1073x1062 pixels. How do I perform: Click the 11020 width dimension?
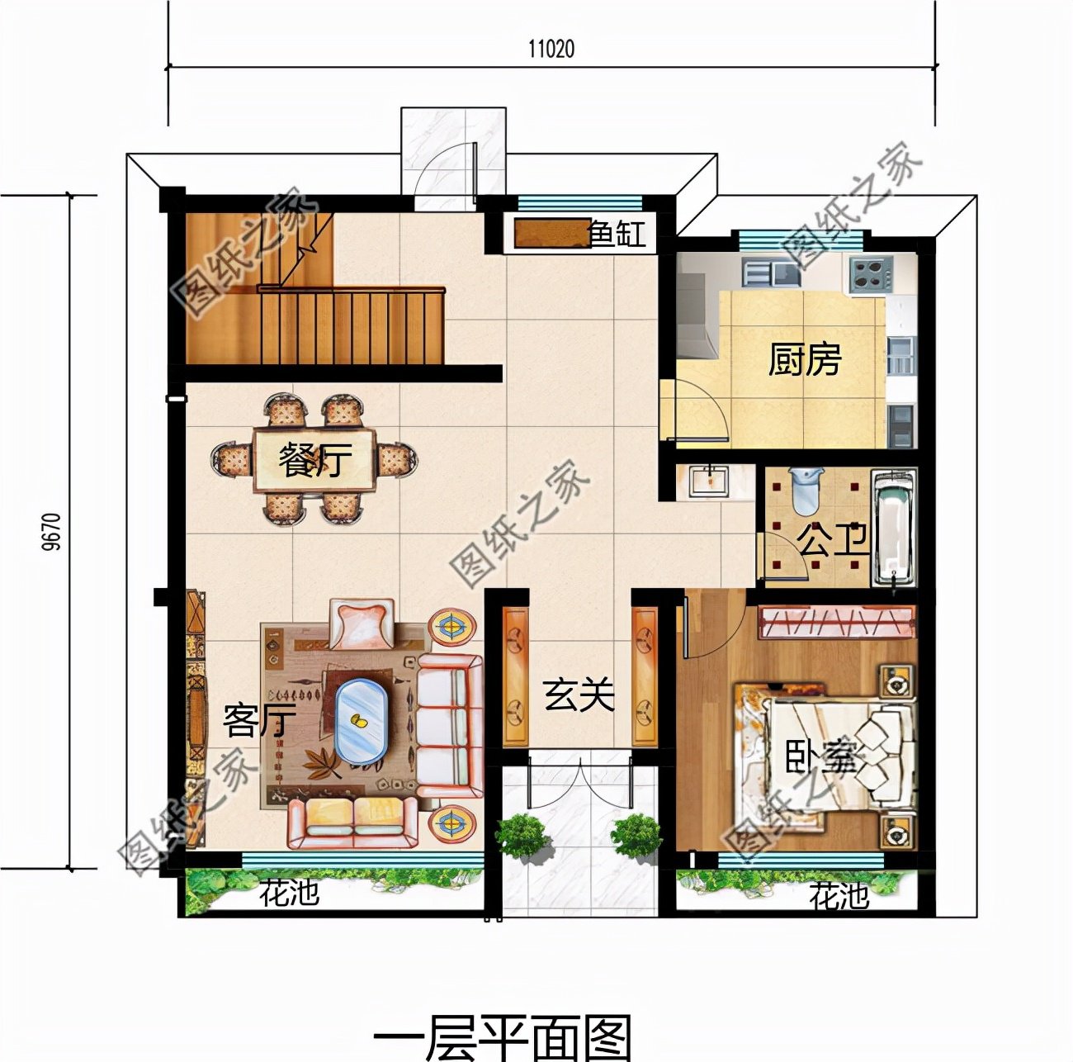click(551, 49)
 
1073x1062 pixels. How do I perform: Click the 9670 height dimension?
click(51, 532)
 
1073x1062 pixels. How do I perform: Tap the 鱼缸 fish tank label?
click(617, 235)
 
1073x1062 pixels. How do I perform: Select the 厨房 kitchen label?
click(804, 360)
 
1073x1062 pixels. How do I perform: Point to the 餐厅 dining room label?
click(314, 459)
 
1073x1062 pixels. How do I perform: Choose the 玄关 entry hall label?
click(579, 695)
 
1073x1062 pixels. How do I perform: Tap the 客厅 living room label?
click(259, 721)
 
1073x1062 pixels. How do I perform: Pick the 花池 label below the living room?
click(289, 893)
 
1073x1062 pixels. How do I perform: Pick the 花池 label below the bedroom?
click(839, 895)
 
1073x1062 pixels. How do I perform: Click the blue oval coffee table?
click(361, 720)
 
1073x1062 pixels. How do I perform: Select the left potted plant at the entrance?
click(522, 835)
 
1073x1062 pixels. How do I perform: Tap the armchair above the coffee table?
click(362, 623)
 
